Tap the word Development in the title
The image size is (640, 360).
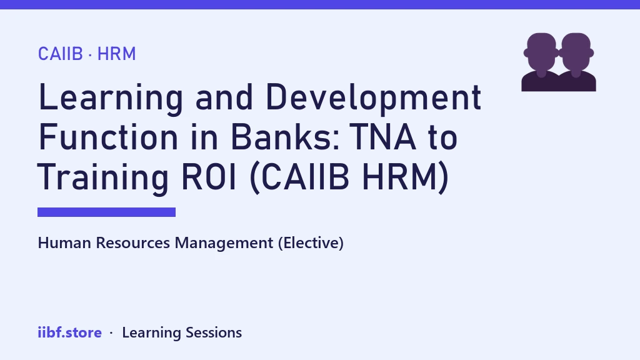pos(374,97)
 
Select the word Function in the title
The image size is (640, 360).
pos(108,137)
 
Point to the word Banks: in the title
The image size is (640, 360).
pos(285,137)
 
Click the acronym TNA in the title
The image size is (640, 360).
pos(383,137)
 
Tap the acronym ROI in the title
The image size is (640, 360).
pos(209,177)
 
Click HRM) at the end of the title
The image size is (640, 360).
pos(406,177)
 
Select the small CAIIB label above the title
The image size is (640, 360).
pos(61,54)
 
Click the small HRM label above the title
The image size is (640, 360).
pos(116,54)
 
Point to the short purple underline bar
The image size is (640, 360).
pos(106,212)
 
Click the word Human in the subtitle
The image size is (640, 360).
pos(64,243)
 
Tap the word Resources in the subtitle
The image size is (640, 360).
pos(132,243)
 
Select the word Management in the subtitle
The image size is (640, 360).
pos(224,243)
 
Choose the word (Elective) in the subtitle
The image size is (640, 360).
pos(311,243)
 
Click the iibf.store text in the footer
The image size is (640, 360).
pos(70,332)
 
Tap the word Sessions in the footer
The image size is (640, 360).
pos(214,332)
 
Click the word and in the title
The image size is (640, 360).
pos(224,97)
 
